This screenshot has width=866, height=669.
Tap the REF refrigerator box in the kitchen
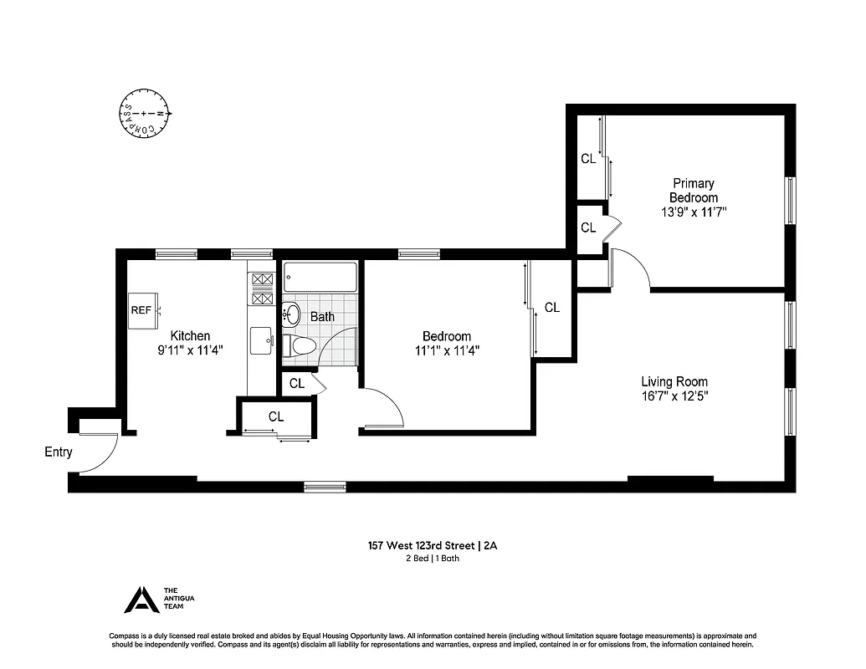pos(141,309)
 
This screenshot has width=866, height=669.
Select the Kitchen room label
pos(190,335)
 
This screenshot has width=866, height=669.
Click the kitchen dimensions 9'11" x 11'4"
pos(190,350)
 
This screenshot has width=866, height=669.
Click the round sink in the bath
pos(292,314)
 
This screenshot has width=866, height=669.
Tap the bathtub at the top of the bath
pos(320,275)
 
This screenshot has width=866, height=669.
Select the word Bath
pos(322,317)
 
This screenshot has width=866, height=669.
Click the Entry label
pos(59,452)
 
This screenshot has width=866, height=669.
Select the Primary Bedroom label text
pos(694,190)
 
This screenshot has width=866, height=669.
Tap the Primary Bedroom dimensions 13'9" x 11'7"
pos(694,212)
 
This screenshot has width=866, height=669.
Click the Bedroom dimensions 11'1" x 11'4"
pos(447,350)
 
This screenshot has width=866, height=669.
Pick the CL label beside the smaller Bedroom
pos(551,308)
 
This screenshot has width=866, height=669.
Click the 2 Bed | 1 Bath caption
pos(432,559)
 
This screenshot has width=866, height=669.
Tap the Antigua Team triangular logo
pos(140,600)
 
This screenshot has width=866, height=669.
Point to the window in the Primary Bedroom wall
pos(789,201)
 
